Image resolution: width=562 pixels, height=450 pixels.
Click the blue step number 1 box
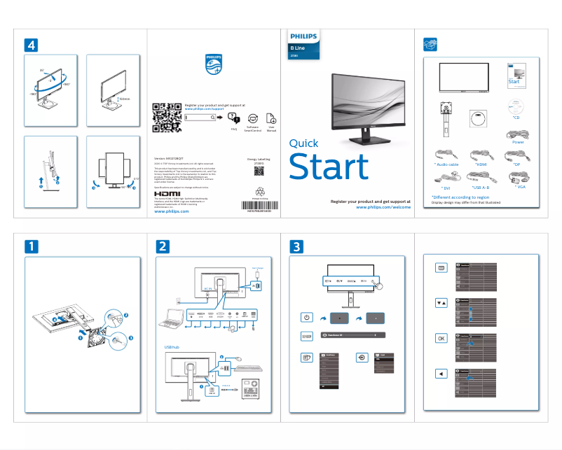click(32, 246)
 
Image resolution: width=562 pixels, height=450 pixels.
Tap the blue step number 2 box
click(163, 246)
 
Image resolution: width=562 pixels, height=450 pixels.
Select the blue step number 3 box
click(297, 246)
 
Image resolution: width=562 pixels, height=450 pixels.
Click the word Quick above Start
click(304, 143)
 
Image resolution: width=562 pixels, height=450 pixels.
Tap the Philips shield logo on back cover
click(214, 64)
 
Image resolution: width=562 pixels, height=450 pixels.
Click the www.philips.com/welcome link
click(383, 207)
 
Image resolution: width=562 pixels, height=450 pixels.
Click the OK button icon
click(441, 338)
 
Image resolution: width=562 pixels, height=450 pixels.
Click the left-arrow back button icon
click(441, 373)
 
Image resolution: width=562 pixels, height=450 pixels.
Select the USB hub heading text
click(172, 346)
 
